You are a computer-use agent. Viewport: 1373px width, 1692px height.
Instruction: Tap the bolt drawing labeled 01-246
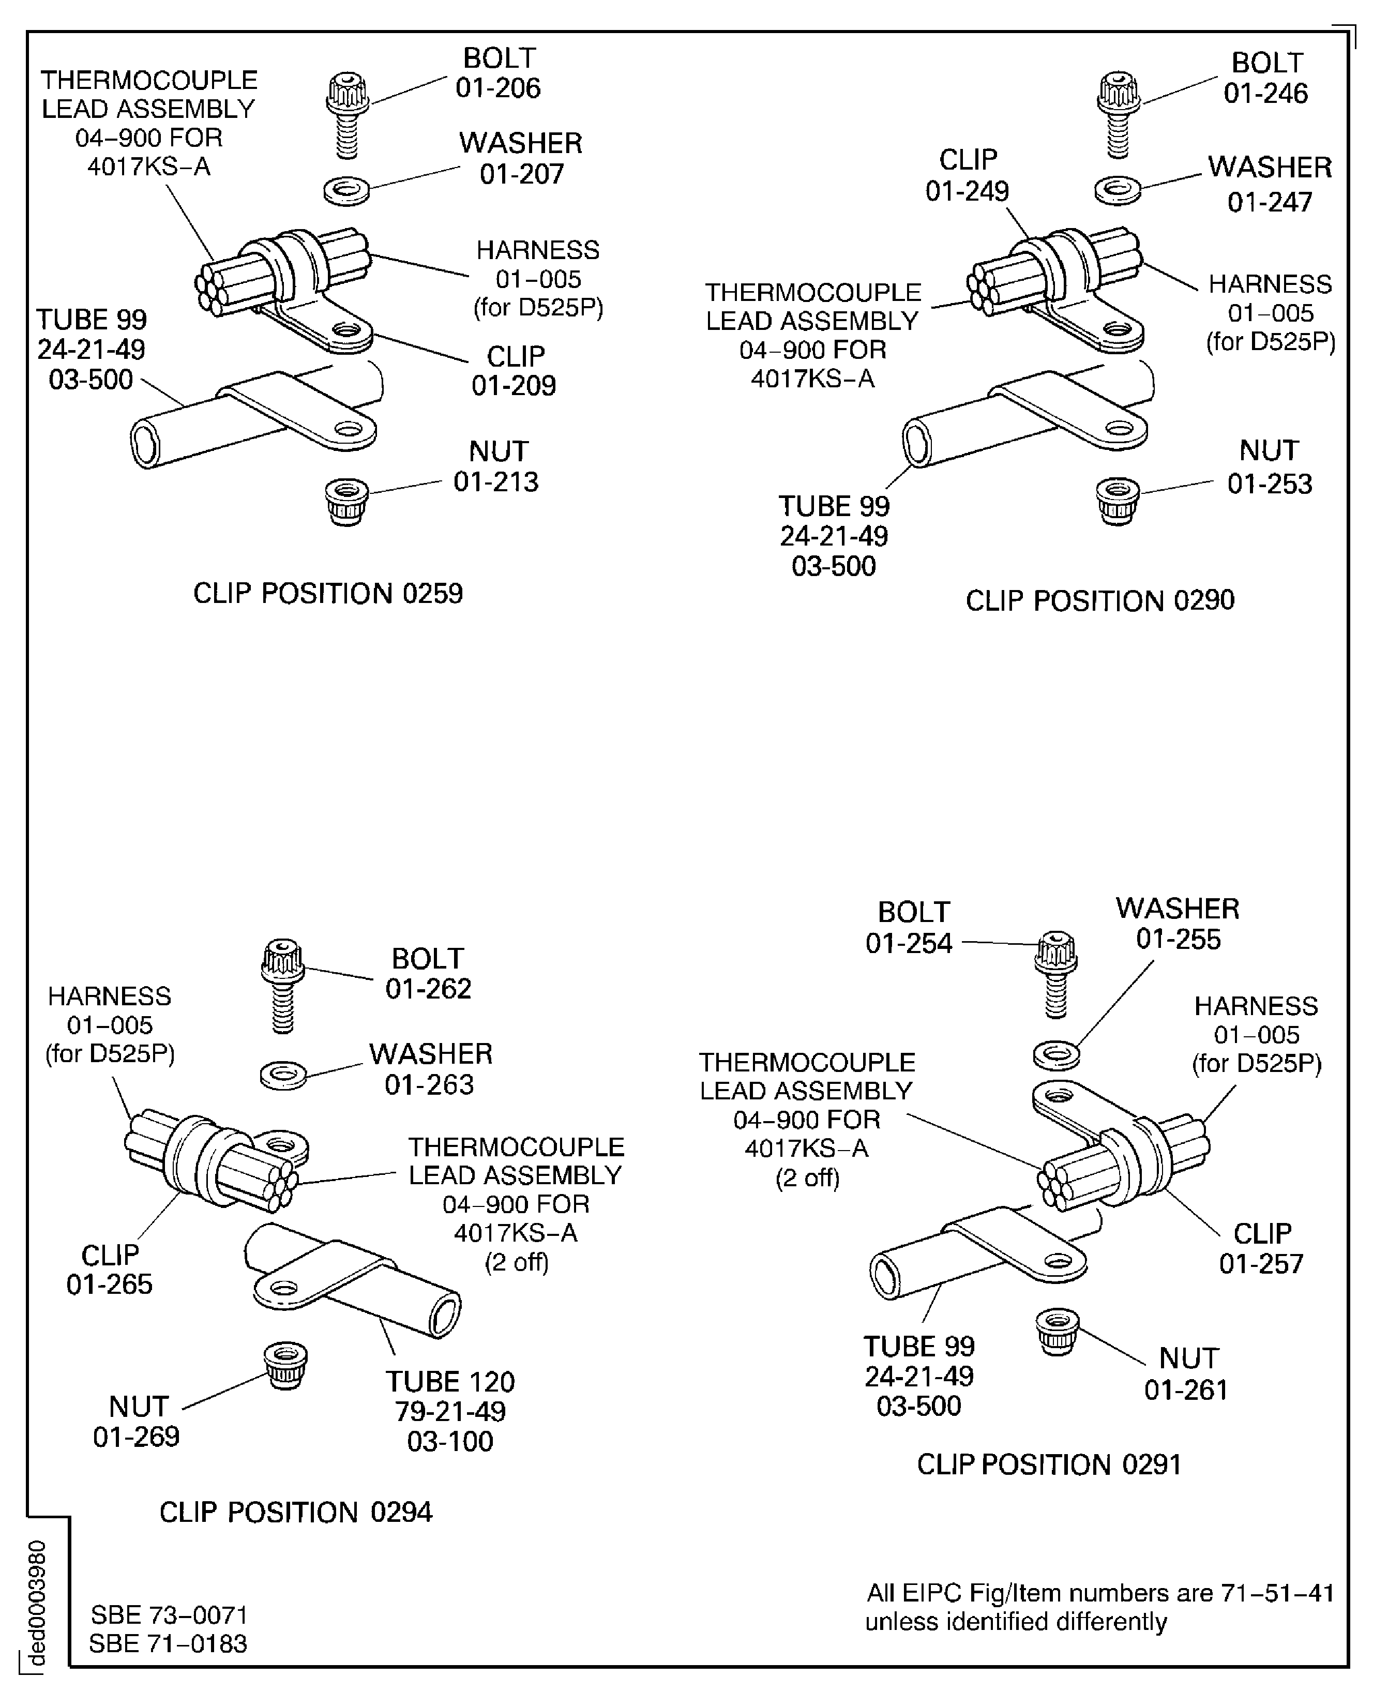1119,115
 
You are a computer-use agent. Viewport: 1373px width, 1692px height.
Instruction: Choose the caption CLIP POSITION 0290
1099,601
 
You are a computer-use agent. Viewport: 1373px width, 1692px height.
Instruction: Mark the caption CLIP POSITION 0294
296,1513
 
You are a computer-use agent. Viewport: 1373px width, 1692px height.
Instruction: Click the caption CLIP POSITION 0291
1049,1464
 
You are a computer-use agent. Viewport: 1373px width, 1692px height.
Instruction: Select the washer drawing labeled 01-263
283,1075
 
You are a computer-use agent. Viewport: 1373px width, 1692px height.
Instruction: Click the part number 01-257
1261,1263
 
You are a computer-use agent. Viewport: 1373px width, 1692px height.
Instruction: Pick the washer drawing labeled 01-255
1057,1055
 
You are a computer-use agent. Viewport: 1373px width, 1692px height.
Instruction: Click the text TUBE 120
450,1381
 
